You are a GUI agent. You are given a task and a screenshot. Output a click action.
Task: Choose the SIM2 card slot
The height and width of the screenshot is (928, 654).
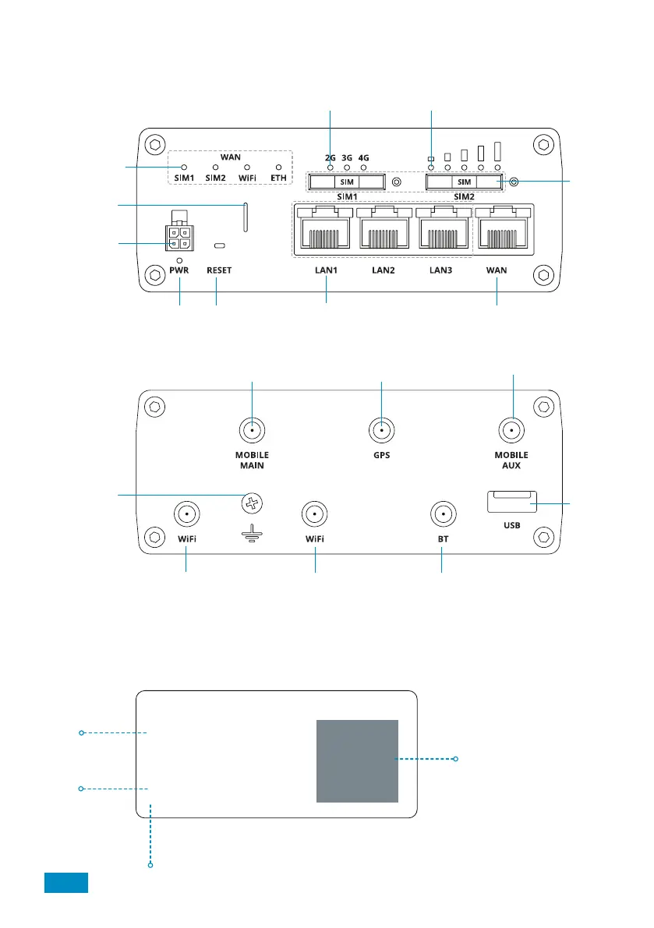click(465, 182)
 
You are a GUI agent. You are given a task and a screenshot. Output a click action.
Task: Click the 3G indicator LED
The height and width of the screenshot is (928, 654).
click(348, 168)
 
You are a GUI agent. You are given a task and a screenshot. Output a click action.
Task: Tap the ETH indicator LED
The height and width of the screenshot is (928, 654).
click(278, 168)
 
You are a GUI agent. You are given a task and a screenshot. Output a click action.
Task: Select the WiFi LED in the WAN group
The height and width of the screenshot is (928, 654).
click(247, 168)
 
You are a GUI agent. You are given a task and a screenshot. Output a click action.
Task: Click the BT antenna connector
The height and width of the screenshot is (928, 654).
click(442, 514)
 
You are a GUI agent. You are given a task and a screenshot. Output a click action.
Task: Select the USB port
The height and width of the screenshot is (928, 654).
click(511, 502)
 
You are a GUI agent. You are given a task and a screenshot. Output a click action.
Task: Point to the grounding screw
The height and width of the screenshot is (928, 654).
click(251, 503)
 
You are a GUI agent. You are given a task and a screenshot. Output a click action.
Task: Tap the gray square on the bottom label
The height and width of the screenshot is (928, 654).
click(357, 760)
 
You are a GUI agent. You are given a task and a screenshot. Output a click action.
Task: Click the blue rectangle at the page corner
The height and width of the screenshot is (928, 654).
click(65, 882)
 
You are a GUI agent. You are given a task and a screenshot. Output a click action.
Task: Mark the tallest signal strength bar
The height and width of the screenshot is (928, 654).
click(497, 150)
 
